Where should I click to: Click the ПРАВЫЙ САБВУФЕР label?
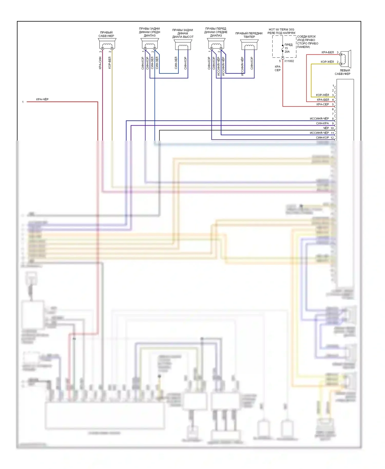pyautogui.click(x=106, y=34)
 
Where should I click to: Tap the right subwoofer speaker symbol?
pyautogui.click(x=107, y=44)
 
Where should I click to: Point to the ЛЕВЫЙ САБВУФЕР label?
pyautogui.click(x=343, y=72)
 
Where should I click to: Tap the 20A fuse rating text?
pyautogui.click(x=287, y=52)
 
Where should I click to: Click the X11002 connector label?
pyautogui.click(x=289, y=61)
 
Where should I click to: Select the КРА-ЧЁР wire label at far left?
pyautogui.click(x=42, y=99)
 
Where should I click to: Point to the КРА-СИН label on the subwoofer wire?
pyautogui.click(x=100, y=63)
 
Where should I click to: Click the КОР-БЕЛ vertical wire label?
pyautogui.click(x=110, y=63)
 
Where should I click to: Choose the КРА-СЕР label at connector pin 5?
pyautogui.click(x=323, y=104)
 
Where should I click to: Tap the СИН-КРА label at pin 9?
pyautogui.click(x=322, y=123)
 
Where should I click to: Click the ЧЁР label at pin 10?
pyautogui.click(x=326, y=128)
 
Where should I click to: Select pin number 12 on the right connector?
pyautogui.click(x=332, y=138)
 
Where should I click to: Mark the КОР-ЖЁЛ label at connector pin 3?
pyautogui.click(x=322, y=95)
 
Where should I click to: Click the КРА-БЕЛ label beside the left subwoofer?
pyautogui.click(x=328, y=52)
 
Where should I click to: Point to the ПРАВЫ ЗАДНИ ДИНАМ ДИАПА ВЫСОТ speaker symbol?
pyautogui.click(x=183, y=45)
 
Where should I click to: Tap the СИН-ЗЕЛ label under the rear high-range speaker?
pyautogui.click(x=176, y=63)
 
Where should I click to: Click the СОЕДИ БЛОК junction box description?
pyautogui.click(x=307, y=42)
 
